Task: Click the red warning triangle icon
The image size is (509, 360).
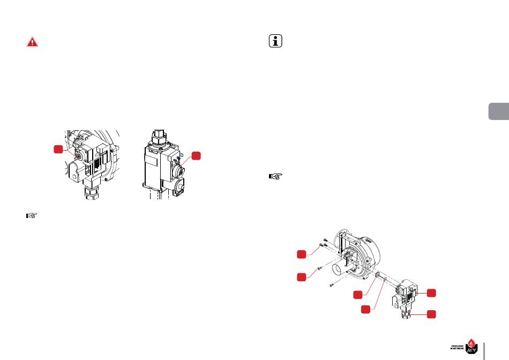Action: pyautogui.click(x=33, y=42)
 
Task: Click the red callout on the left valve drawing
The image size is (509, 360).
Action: pyautogui.click(x=60, y=149)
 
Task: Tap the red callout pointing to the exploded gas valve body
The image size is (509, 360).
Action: pyautogui.click(x=431, y=292)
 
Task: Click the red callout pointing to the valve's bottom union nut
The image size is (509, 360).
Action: pyautogui.click(x=431, y=314)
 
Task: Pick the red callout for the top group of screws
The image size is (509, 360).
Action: pyautogui.click(x=303, y=253)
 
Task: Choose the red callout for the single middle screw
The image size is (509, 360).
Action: pyautogui.click(x=303, y=276)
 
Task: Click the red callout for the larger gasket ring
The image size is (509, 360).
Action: pyautogui.click(x=358, y=295)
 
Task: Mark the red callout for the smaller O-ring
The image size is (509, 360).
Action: pyautogui.click(x=365, y=309)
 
